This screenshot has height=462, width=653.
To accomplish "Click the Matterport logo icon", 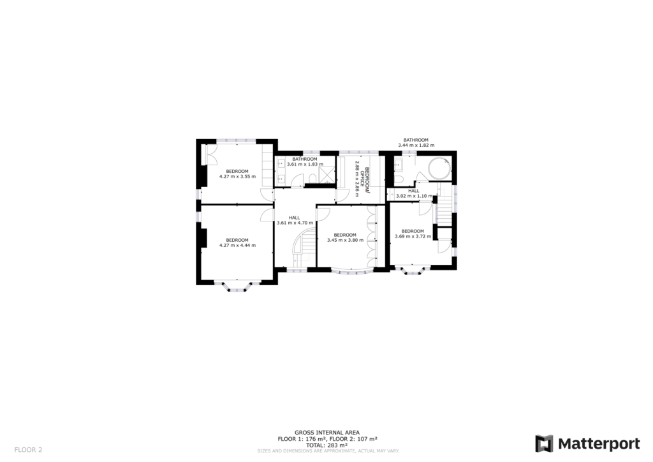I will point(544,443).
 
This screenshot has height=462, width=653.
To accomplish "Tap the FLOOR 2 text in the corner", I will point(28,449).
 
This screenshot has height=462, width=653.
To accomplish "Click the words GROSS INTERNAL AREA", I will point(326,433).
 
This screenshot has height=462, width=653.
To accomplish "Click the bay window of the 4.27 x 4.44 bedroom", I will point(237,287).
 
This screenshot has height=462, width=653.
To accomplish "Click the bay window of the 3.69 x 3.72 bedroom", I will point(413,271).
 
